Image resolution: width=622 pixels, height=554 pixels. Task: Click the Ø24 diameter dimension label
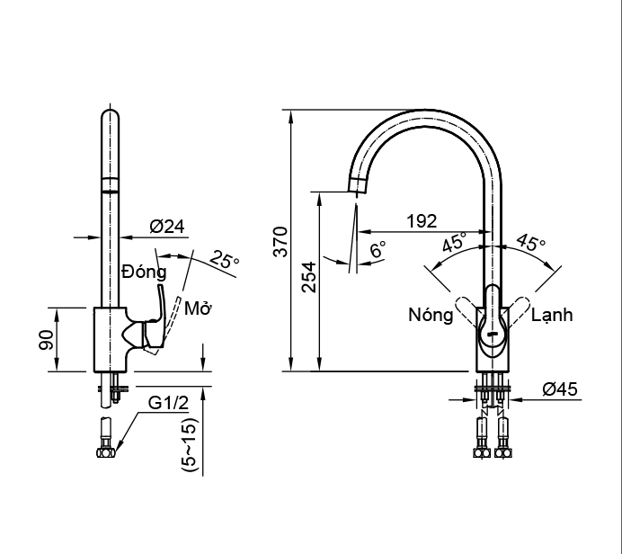(167, 227)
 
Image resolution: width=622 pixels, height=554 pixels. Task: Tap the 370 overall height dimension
(280, 242)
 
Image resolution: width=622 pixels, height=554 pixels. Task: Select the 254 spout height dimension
(308, 277)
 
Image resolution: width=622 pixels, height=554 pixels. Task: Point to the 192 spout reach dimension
(422, 220)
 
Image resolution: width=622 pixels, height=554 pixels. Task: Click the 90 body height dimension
(46, 340)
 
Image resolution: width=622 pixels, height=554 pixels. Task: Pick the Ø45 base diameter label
(560, 389)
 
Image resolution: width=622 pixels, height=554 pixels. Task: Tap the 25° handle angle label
(225, 260)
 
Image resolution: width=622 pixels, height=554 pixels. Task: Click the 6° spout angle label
(378, 250)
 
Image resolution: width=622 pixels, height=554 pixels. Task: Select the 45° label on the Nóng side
(455, 243)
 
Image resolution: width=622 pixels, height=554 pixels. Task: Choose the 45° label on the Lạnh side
(530, 243)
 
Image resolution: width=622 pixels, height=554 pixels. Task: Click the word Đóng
(144, 273)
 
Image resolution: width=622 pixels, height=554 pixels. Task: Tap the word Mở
(198, 308)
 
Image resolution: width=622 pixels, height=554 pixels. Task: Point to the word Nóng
(431, 315)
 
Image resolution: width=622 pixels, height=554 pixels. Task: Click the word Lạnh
(552, 315)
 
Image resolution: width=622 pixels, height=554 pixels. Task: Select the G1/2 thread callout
(168, 403)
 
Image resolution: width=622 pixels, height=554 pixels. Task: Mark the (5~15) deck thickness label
(189, 444)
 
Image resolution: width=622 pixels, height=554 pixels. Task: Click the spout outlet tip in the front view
(357, 192)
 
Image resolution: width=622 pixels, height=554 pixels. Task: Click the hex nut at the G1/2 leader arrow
(106, 452)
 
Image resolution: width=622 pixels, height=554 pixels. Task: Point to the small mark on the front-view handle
(493, 335)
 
